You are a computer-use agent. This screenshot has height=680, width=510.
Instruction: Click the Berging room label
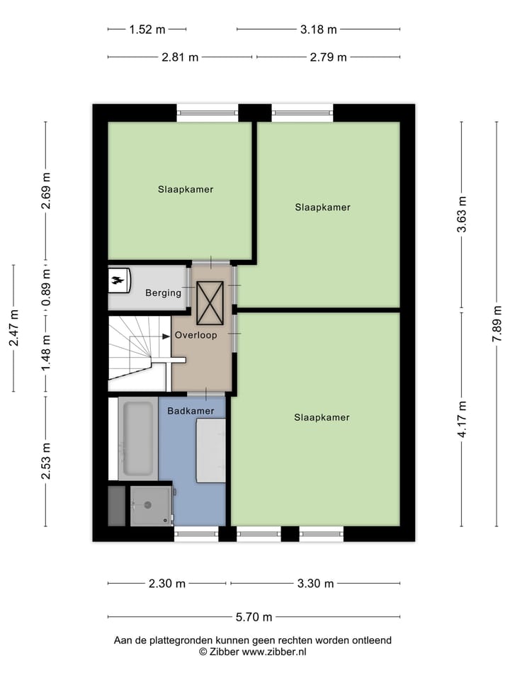[163, 293]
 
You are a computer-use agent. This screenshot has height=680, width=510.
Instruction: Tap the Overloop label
[196, 335]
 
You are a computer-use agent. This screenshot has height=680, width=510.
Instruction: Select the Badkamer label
[191, 411]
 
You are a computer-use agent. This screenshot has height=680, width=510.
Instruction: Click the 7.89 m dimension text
[498, 324]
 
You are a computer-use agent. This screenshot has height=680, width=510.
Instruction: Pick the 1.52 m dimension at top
[147, 30]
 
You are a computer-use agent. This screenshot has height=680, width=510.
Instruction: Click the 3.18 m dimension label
[318, 30]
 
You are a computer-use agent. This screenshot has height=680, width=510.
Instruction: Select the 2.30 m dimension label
[167, 584]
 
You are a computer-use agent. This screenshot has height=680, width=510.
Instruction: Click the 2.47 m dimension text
[13, 328]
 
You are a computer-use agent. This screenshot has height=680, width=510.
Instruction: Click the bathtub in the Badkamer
[138, 439]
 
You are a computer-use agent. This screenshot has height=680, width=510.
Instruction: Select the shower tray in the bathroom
[150, 505]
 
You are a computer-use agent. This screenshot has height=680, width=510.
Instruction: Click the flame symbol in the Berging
[118, 280]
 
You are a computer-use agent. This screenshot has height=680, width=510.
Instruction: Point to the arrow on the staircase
[164, 336]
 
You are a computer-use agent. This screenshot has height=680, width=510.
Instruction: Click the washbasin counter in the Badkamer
[210, 450]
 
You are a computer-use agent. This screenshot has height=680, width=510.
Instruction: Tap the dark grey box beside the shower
[116, 505]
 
